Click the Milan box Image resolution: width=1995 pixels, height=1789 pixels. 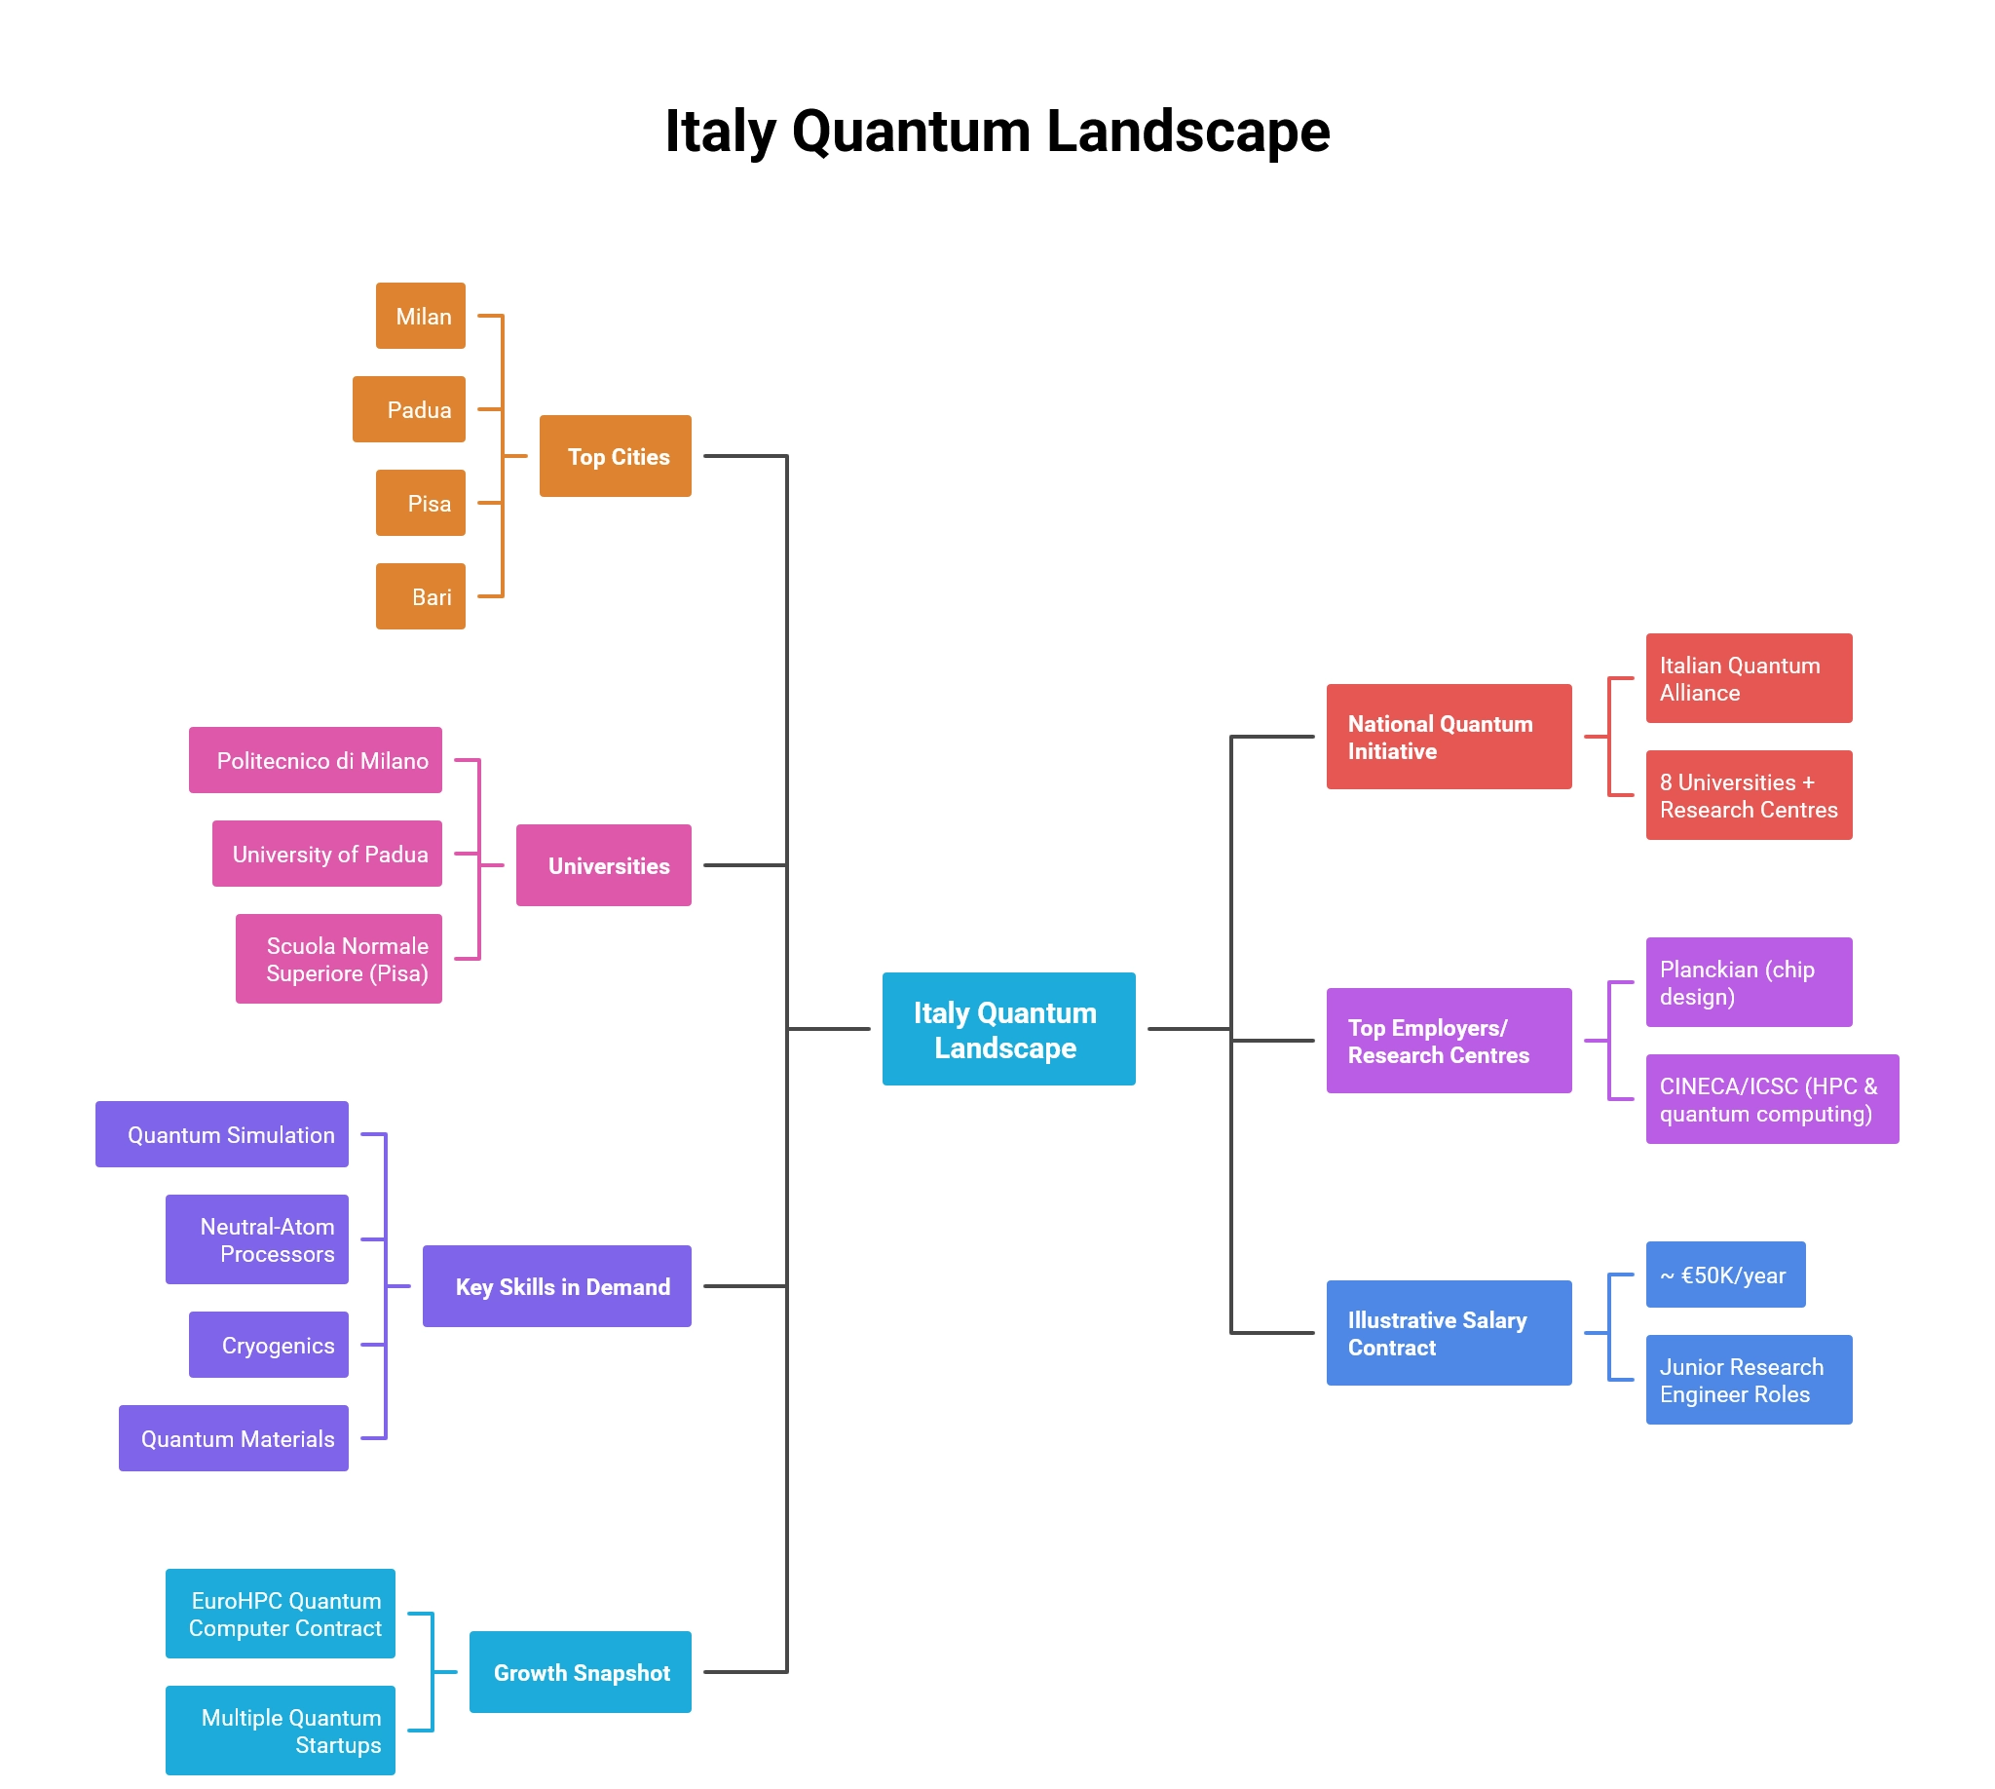[x=420, y=316]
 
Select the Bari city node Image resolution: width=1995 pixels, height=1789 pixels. [x=420, y=595]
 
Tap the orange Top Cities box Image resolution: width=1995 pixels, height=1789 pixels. [x=616, y=456]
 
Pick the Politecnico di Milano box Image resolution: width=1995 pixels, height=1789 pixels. [x=315, y=760]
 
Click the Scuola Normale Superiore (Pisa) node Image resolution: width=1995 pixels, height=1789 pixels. [x=338, y=959]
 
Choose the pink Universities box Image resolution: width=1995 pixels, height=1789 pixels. [x=603, y=865]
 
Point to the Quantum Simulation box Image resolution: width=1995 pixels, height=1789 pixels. [x=222, y=1134]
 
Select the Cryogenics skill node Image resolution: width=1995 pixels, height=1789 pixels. [x=268, y=1345]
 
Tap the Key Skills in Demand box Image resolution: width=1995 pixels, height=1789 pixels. [x=556, y=1285]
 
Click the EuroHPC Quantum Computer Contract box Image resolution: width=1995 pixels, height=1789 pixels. [x=281, y=1613]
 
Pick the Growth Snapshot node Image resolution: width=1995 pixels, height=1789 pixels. [x=580, y=1672]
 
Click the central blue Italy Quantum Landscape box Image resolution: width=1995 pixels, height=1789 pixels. [x=1008, y=1029]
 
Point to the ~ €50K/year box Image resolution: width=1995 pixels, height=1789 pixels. [x=1725, y=1275]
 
